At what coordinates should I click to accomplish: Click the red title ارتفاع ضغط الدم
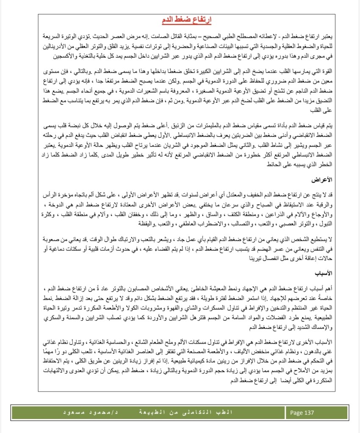coord(187,20)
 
